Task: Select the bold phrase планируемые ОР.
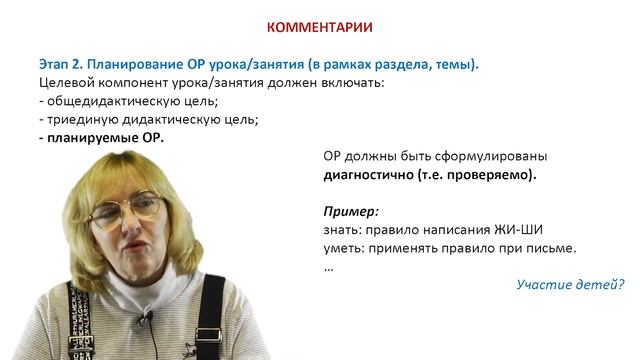click(x=105, y=138)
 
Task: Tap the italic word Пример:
click(x=351, y=212)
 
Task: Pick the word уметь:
click(x=346, y=248)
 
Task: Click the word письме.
click(x=556, y=248)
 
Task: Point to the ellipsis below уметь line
click(x=329, y=267)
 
